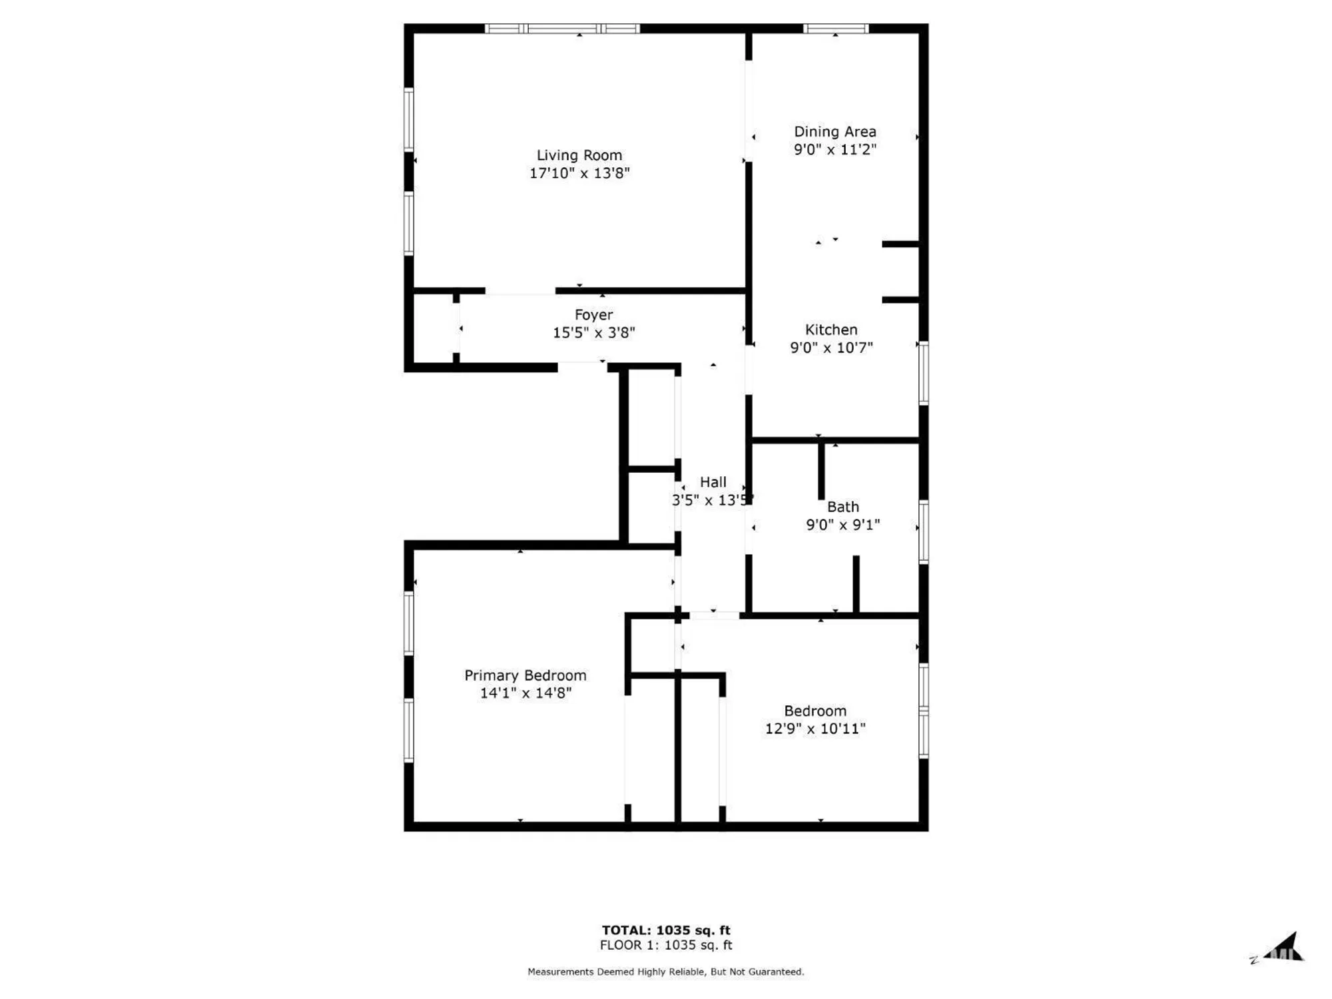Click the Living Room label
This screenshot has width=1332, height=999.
579,155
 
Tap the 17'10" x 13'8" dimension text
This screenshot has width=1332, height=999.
579,173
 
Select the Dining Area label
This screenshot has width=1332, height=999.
834,132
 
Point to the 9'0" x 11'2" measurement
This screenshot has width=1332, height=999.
834,149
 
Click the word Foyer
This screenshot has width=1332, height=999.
593,314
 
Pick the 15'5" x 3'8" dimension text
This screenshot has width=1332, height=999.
593,332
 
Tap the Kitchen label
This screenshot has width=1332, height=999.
831,330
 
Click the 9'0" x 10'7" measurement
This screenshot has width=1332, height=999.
831,348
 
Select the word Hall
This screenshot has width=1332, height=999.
713,482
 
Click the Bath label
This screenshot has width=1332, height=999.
842,507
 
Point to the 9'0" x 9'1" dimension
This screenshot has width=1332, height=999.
842,525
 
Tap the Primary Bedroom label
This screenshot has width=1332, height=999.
525,675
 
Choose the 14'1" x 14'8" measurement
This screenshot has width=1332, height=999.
525,693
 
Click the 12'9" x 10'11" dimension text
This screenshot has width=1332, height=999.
815,729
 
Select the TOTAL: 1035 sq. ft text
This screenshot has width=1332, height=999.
666,930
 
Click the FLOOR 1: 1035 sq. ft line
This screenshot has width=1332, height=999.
666,945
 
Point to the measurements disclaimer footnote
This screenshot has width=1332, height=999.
666,972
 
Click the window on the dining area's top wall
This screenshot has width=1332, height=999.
836,29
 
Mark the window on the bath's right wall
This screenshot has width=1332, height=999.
924,531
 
